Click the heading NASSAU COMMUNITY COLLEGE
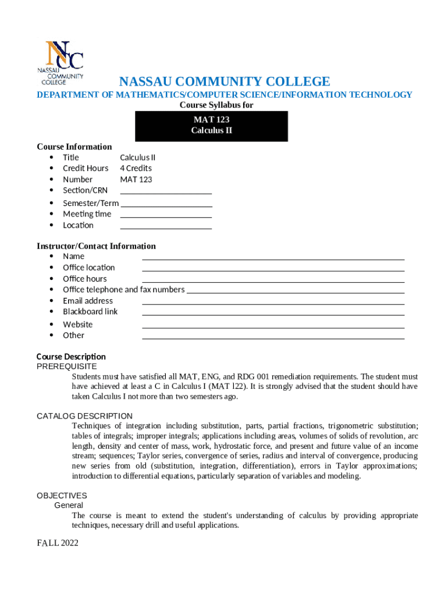coord(225,81)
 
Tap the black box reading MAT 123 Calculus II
coord(211,126)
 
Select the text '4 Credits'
coord(136,168)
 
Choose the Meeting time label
coord(87,214)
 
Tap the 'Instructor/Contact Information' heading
coord(96,246)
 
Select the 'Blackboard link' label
coord(90,311)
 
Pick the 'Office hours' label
coord(85,278)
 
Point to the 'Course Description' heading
coord(71,356)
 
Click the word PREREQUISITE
coord(66,366)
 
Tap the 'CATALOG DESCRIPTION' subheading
coord(84,416)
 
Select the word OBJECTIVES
coord(62,495)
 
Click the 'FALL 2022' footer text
coord(57,543)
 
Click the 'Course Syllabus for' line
coord(216,105)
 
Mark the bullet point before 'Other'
coord(52,335)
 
